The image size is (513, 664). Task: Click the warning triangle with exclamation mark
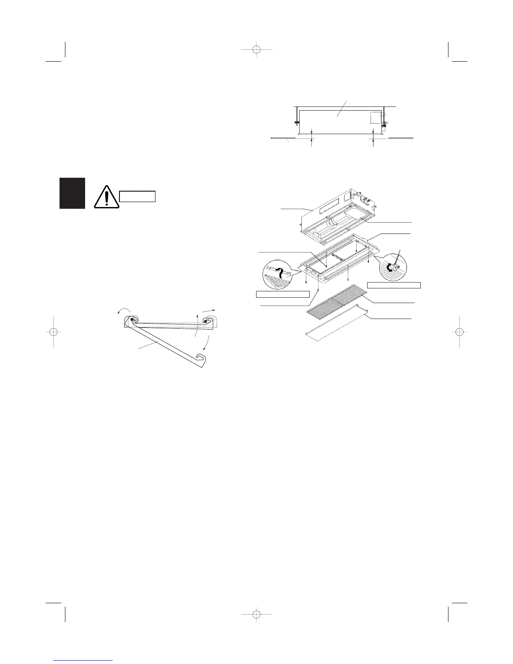[x=107, y=197]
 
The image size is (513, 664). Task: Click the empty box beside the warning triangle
[x=137, y=196]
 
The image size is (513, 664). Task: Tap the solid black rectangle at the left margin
[x=72, y=193]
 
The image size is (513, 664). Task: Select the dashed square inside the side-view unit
[x=375, y=117]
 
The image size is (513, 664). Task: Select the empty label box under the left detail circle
[x=282, y=294]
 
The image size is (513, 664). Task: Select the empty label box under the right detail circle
[x=394, y=285]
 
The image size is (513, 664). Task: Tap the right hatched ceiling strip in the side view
[x=403, y=137]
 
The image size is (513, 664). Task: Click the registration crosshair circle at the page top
[x=256, y=50]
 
